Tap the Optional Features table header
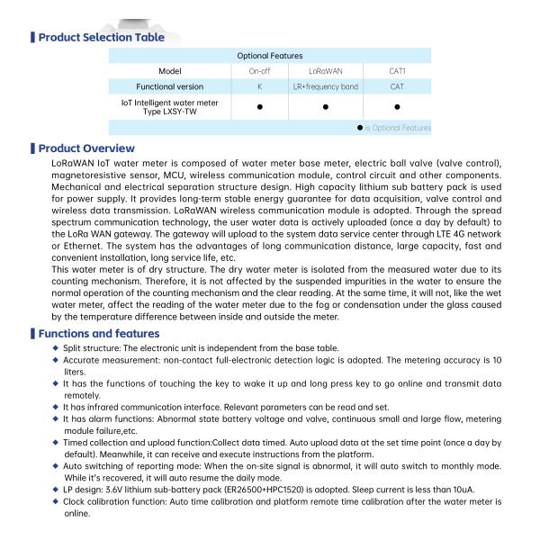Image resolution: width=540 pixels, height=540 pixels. click(269, 56)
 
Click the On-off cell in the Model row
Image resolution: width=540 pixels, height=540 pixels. click(259, 70)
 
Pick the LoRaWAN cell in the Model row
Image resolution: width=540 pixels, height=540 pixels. click(325, 70)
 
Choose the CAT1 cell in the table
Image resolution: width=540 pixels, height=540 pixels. click(397, 70)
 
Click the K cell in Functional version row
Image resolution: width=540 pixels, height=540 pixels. click(259, 86)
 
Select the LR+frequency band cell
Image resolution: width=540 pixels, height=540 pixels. click(325, 86)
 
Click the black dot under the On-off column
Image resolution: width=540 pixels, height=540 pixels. click(259, 107)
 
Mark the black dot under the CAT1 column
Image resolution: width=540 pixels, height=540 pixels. click(397, 107)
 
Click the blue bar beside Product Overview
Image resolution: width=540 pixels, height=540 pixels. click(33, 148)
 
